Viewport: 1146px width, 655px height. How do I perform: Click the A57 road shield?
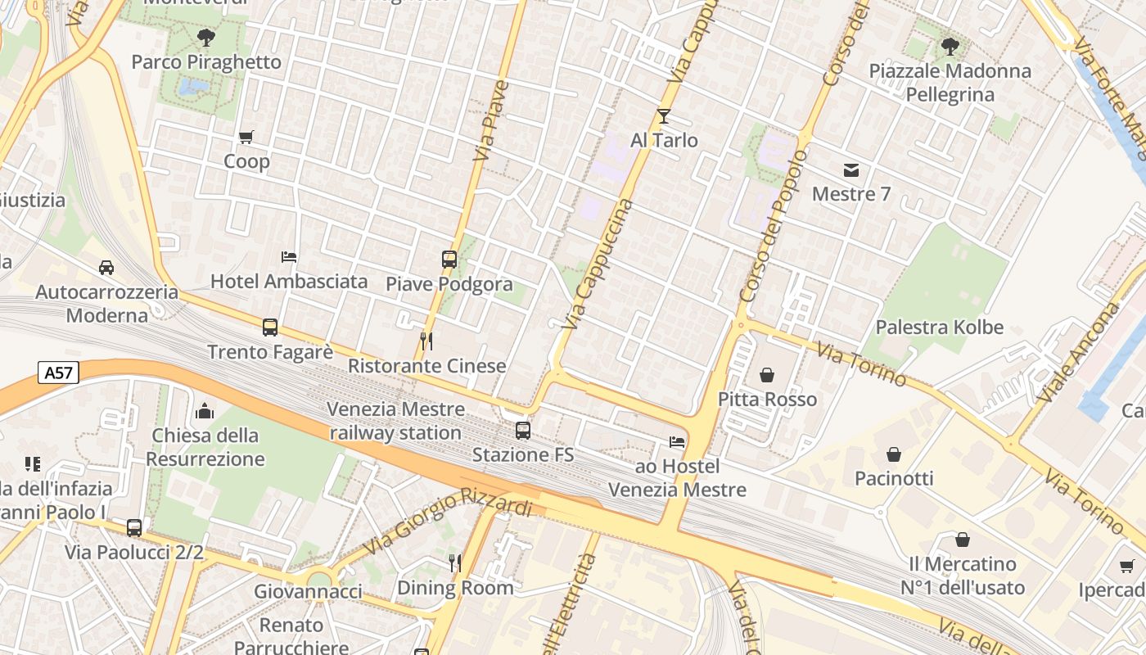click(x=58, y=373)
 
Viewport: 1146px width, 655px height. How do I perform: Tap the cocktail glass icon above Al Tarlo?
click(x=663, y=116)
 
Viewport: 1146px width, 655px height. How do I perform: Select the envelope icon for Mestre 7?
click(x=851, y=170)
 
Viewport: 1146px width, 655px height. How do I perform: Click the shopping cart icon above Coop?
click(x=246, y=138)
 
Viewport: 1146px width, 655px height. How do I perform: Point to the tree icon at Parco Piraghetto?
click(x=206, y=37)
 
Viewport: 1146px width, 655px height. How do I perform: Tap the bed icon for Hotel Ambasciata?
click(x=289, y=257)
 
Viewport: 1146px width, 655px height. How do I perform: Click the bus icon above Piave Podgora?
click(x=449, y=260)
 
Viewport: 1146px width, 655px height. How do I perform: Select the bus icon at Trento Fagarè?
click(x=270, y=327)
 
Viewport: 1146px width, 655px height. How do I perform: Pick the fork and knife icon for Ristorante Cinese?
click(x=426, y=341)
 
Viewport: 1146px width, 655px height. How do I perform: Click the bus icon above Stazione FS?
click(x=522, y=430)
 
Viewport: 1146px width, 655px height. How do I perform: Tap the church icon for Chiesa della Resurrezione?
click(x=205, y=411)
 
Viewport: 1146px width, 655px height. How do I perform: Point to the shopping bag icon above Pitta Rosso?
click(x=767, y=375)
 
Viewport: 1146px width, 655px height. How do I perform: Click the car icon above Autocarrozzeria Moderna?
click(x=106, y=268)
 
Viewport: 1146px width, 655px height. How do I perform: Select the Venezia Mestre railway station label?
click(x=395, y=421)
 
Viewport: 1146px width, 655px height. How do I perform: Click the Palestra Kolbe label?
click(x=939, y=327)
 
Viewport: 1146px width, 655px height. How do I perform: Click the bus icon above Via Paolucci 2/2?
click(x=134, y=528)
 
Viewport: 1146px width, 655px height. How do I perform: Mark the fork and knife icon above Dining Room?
click(x=455, y=562)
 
